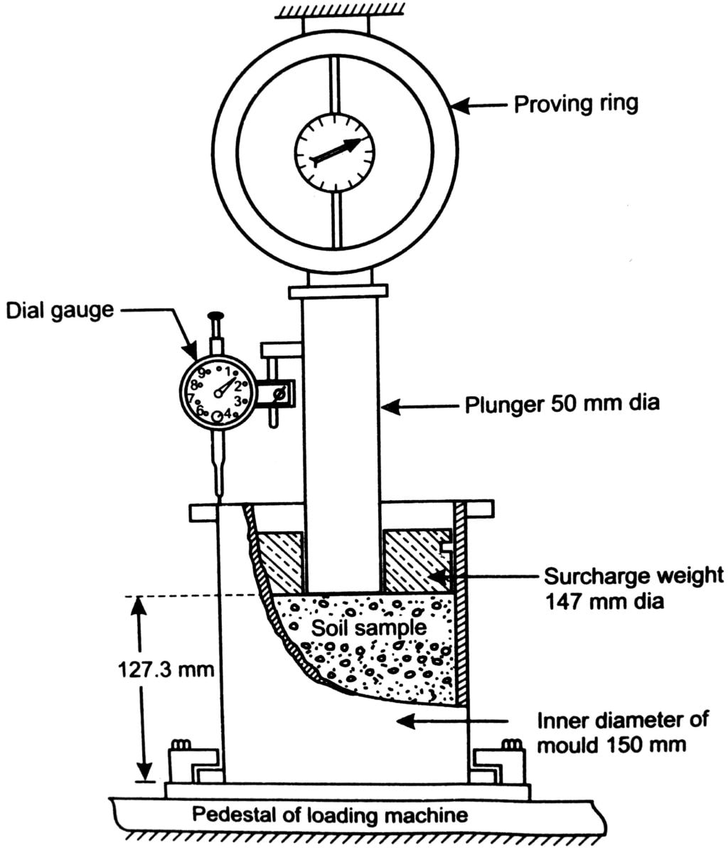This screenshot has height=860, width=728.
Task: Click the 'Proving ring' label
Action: [576, 104]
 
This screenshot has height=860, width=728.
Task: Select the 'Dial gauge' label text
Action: [60, 310]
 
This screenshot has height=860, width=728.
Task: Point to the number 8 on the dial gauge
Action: [194, 385]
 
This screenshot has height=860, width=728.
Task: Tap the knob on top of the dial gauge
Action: [214, 315]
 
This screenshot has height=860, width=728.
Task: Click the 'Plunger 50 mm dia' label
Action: [562, 404]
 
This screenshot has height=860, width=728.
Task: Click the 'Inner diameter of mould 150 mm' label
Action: [622, 732]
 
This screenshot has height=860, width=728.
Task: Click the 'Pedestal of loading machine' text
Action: [331, 814]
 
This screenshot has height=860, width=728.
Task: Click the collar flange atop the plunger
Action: [338, 291]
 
